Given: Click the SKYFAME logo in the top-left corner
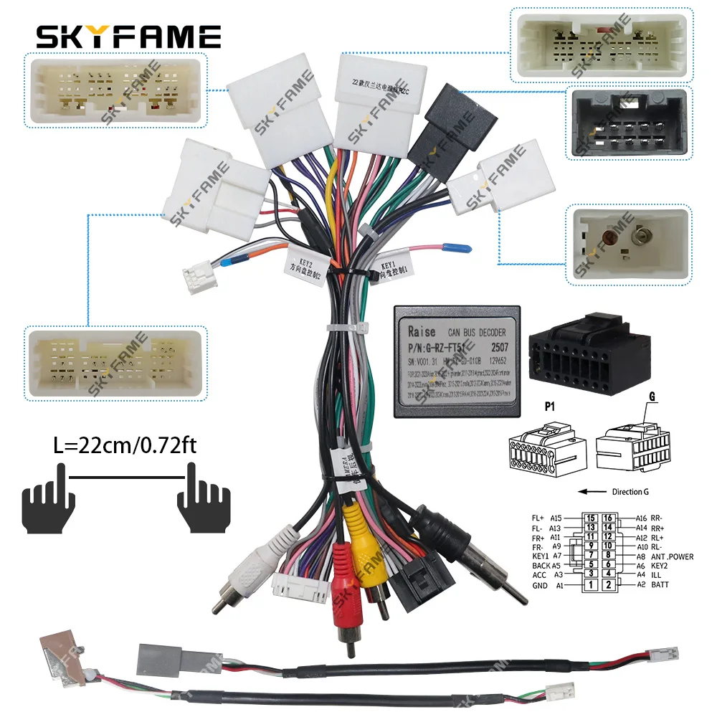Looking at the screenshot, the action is pyautogui.click(x=128, y=35).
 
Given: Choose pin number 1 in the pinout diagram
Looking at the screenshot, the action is pyautogui.click(x=591, y=586).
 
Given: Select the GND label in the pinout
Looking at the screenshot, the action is pyautogui.click(x=539, y=586).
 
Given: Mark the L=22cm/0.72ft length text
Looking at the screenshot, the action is pyautogui.click(x=126, y=446).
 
